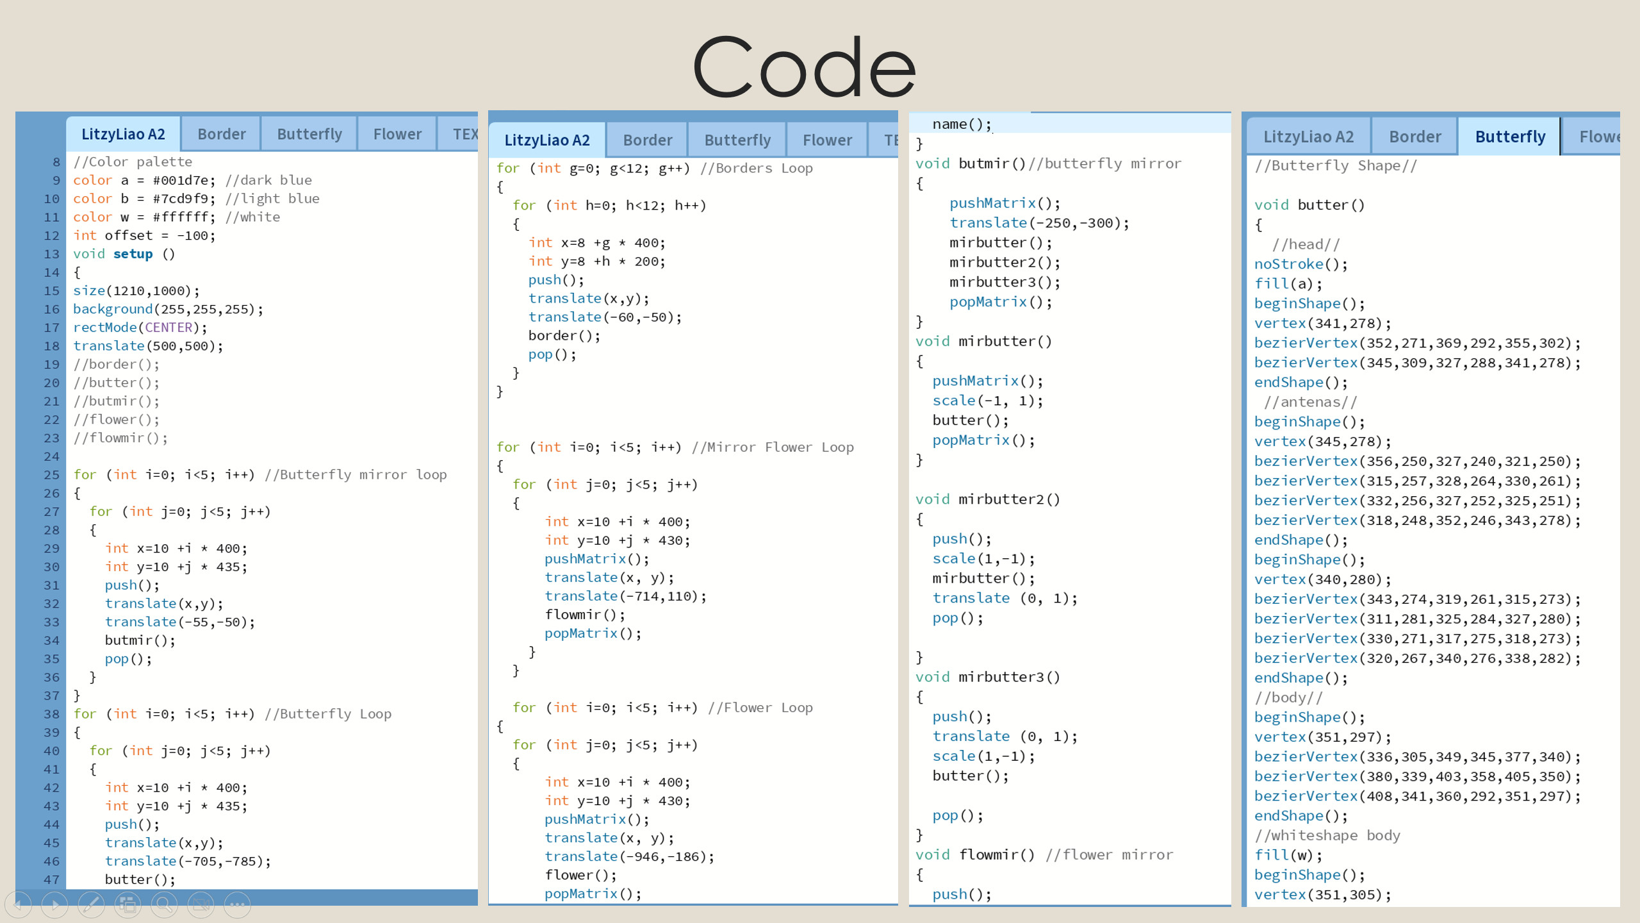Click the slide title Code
[805, 67]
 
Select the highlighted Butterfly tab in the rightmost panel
[1509, 137]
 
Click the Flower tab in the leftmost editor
[397, 134]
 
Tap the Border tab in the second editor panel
[647, 140]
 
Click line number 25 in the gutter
[51, 475]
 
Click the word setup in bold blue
[133, 254]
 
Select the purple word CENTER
[168, 328]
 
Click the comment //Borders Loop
[756, 168]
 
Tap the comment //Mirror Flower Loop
[773, 447]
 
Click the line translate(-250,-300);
[1038, 222]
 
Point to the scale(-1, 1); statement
[987, 401]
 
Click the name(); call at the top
[961, 124]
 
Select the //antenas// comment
[1310, 402]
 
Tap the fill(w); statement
[1287, 855]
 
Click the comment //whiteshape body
[1327, 835]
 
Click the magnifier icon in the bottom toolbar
[164, 904]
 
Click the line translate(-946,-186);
[629, 856]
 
